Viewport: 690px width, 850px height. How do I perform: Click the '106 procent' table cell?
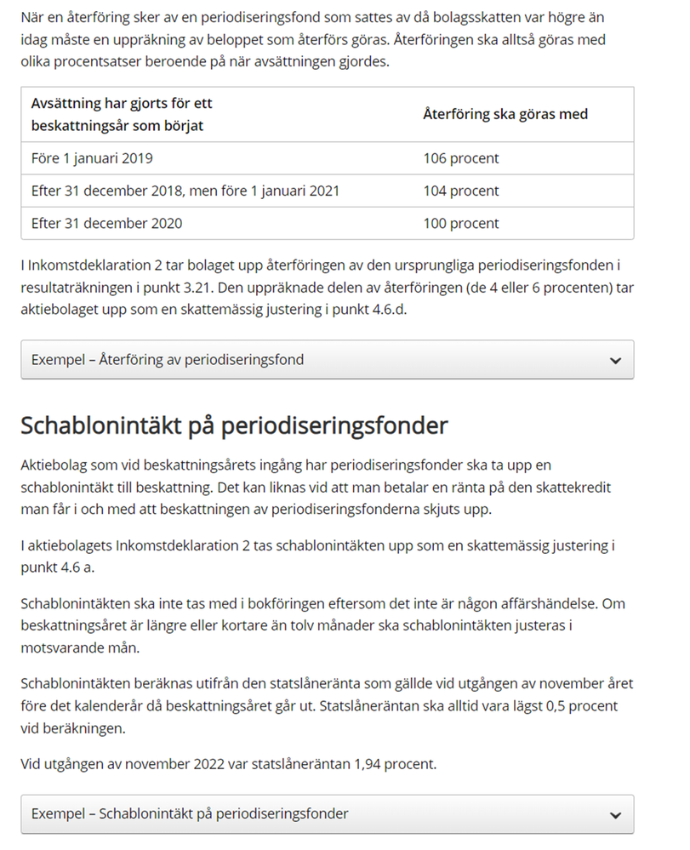pos(460,158)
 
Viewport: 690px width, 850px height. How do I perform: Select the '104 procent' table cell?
pos(460,191)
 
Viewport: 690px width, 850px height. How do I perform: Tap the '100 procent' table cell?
pos(460,224)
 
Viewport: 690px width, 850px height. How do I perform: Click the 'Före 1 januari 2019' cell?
pos(92,158)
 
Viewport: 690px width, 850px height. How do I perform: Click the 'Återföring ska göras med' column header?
pos(505,114)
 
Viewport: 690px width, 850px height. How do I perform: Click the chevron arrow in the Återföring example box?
pos(616,361)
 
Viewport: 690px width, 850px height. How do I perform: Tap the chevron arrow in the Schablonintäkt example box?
pos(616,815)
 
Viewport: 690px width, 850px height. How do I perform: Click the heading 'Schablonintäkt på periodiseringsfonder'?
pos(234,425)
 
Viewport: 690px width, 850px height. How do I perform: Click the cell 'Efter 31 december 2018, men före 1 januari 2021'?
pos(185,191)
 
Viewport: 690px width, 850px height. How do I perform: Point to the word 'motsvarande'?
pos(60,648)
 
